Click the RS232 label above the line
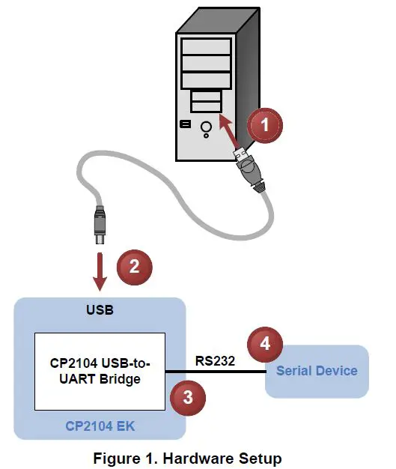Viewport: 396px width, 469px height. (x=216, y=360)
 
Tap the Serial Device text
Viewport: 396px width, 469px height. (x=317, y=370)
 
